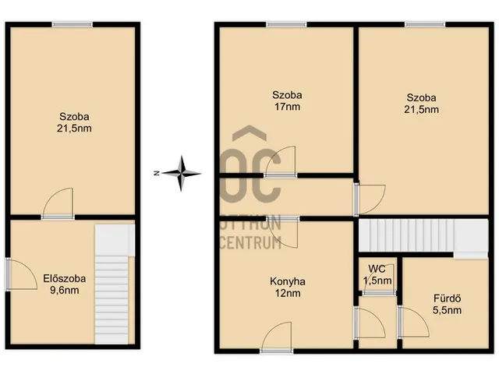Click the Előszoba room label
tap(65, 279)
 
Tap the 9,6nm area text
tap(65, 290)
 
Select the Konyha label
tap(288, 281)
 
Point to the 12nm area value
tap(288, 293)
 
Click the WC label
tap(377, 269)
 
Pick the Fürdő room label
tap(447, 298)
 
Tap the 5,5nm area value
tap(447, 310)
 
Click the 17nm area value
tap(288, 107)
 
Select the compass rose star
tap(182, 173)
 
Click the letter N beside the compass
tap(156, 173)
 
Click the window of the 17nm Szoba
tap(286, 24)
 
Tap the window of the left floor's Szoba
tap(73, 24)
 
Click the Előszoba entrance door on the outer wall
tap(8, 274)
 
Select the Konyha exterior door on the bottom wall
tap(276, 351)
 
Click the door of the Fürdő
tap(400, 322)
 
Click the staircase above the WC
tap(423, 237)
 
